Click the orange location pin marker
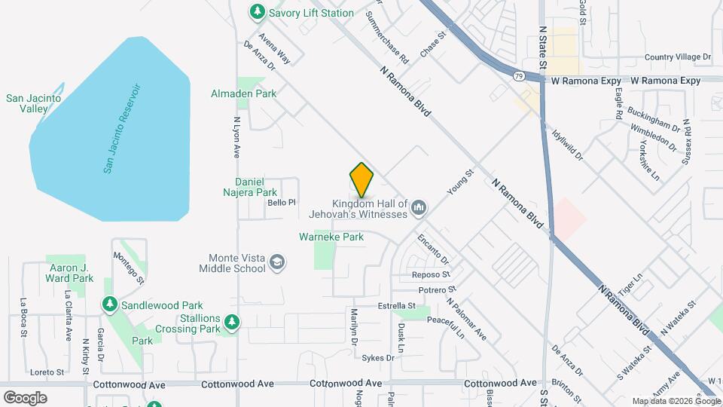(x=361, y=179)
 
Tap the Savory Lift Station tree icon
(x=258, y=12)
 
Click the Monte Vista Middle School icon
(x=278, y=262)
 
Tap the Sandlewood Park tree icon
(x=110, y=304)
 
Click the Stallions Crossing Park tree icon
(x=232, y=321)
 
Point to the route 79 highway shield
(x=519, y=76)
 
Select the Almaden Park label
(x=243, y=93)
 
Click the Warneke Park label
(x=331, y=237)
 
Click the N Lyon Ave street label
(x=236, y=136)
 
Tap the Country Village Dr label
(x=678, y=57)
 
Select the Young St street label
(x=459, y=183)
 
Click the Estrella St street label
(x=397, y=305)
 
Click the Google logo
(x=25, y=397)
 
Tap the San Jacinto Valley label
(x=27, y=103)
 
